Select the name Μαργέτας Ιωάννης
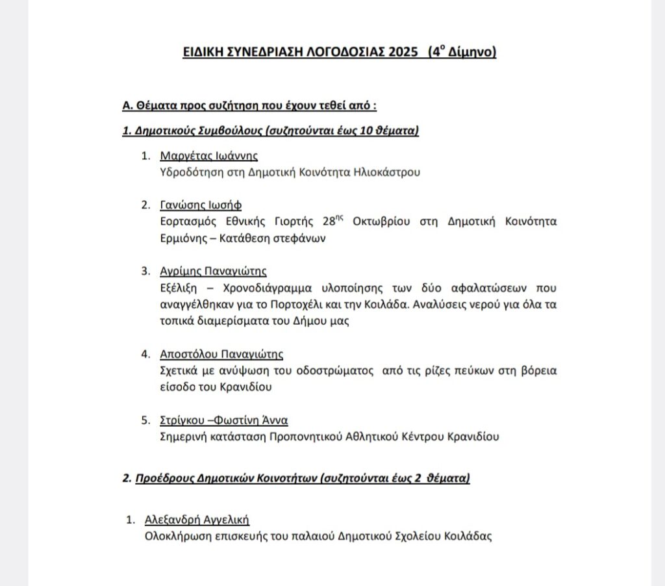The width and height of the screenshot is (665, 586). [209, 156]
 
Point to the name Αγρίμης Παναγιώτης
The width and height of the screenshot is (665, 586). [213, 271]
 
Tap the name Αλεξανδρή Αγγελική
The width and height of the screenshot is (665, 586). [197, 520]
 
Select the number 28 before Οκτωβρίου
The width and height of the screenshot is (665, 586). [332, 222]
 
